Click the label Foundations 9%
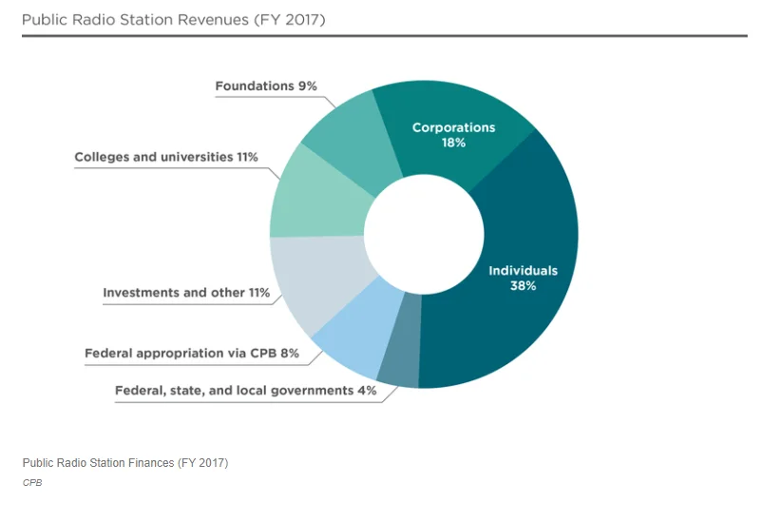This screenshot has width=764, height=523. tap(266, 87)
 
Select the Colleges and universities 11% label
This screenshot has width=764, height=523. tap(166, 157)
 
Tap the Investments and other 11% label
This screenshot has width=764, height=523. tap(186, 293)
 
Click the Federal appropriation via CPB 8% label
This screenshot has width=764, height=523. tap(192, 353)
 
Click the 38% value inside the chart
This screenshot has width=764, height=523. tap(523, 285)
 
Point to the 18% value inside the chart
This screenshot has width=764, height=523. tap(453, 143)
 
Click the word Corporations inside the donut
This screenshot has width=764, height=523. tap(453, 127)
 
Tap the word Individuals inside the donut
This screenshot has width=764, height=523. tap(523, 270)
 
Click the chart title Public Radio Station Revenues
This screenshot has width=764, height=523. tap(174, 20)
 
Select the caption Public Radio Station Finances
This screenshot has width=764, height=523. tap(125, 462)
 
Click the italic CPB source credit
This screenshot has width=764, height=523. tap(32, 482)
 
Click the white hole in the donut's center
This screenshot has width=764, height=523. tap(424, 235)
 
